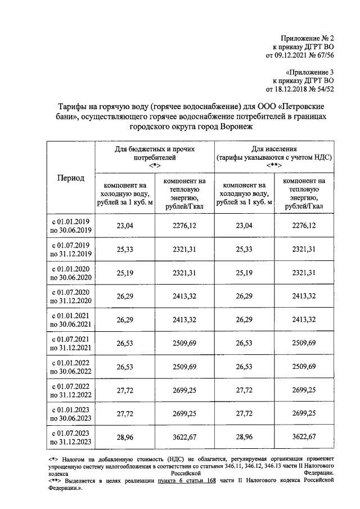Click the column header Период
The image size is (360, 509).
click(71, 178)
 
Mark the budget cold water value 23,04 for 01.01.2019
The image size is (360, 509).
click(125, 226)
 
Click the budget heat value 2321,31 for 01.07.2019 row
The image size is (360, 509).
click(184, 249)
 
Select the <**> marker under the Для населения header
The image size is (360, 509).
click(274, 166)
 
